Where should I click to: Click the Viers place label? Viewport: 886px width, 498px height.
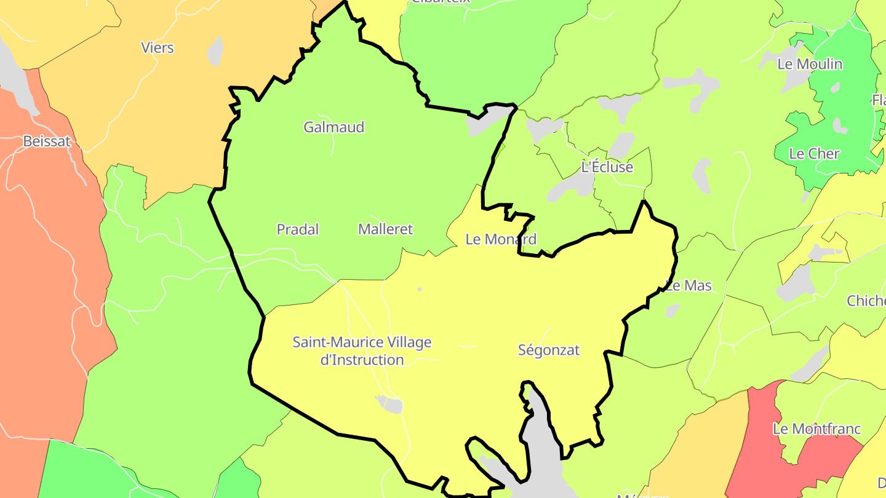(158, 47)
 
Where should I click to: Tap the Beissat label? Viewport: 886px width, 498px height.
(47, 141)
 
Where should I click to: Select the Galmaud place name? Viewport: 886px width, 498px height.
(334, 127)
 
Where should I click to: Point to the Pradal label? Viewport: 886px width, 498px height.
(298, 229)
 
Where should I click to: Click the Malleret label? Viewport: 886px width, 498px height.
(386, 229)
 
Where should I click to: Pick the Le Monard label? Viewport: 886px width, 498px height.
(501, 239)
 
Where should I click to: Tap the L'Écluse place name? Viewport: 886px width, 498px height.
(607, 167)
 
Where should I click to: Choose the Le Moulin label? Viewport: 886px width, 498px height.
(810, 64)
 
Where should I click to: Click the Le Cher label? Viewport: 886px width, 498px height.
(814, 154)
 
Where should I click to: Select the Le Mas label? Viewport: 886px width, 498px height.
(689, 285)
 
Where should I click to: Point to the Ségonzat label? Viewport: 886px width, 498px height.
(549, 350)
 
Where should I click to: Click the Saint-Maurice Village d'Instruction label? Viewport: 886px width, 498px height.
(362, 350)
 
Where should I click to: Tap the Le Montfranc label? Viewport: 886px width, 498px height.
(817, 429)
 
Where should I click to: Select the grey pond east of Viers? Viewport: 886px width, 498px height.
(215, 51)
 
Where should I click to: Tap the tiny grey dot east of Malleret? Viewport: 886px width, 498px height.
(420, 289)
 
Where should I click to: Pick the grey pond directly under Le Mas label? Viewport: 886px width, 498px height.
(672, 310)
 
